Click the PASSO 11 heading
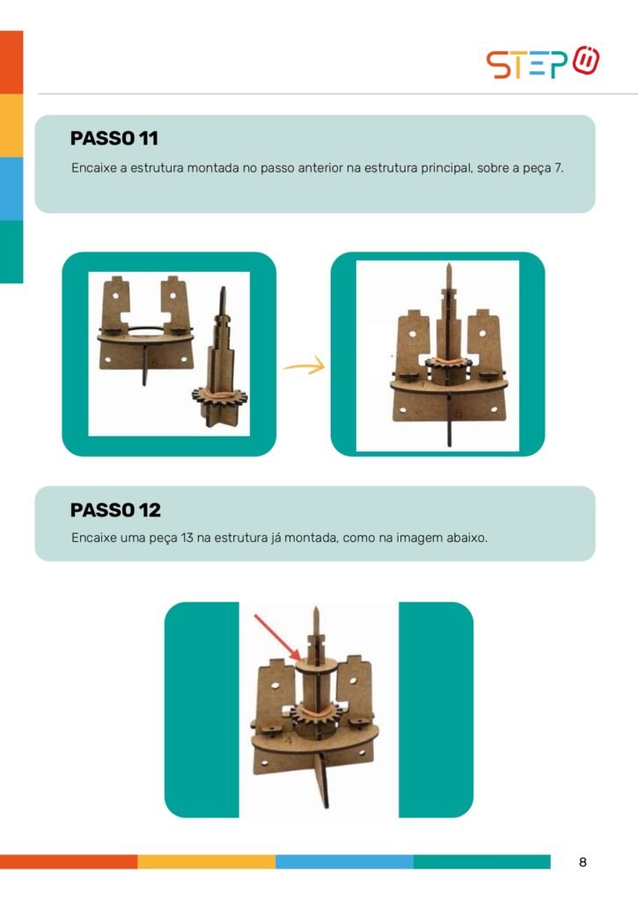click(114, 138)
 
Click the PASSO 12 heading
click(115, 509)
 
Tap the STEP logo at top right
click(543, 62)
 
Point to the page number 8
click(583, 862)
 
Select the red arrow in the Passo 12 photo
click(277, 638)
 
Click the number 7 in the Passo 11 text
click(558, 168)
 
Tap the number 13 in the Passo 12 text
click(187, 538)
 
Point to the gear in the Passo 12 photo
click(316, 714)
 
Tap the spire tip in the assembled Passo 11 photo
click(448, 265)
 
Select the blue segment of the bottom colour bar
click(344, 861)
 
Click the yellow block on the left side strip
click(11, 125)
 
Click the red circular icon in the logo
click(586, 61)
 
